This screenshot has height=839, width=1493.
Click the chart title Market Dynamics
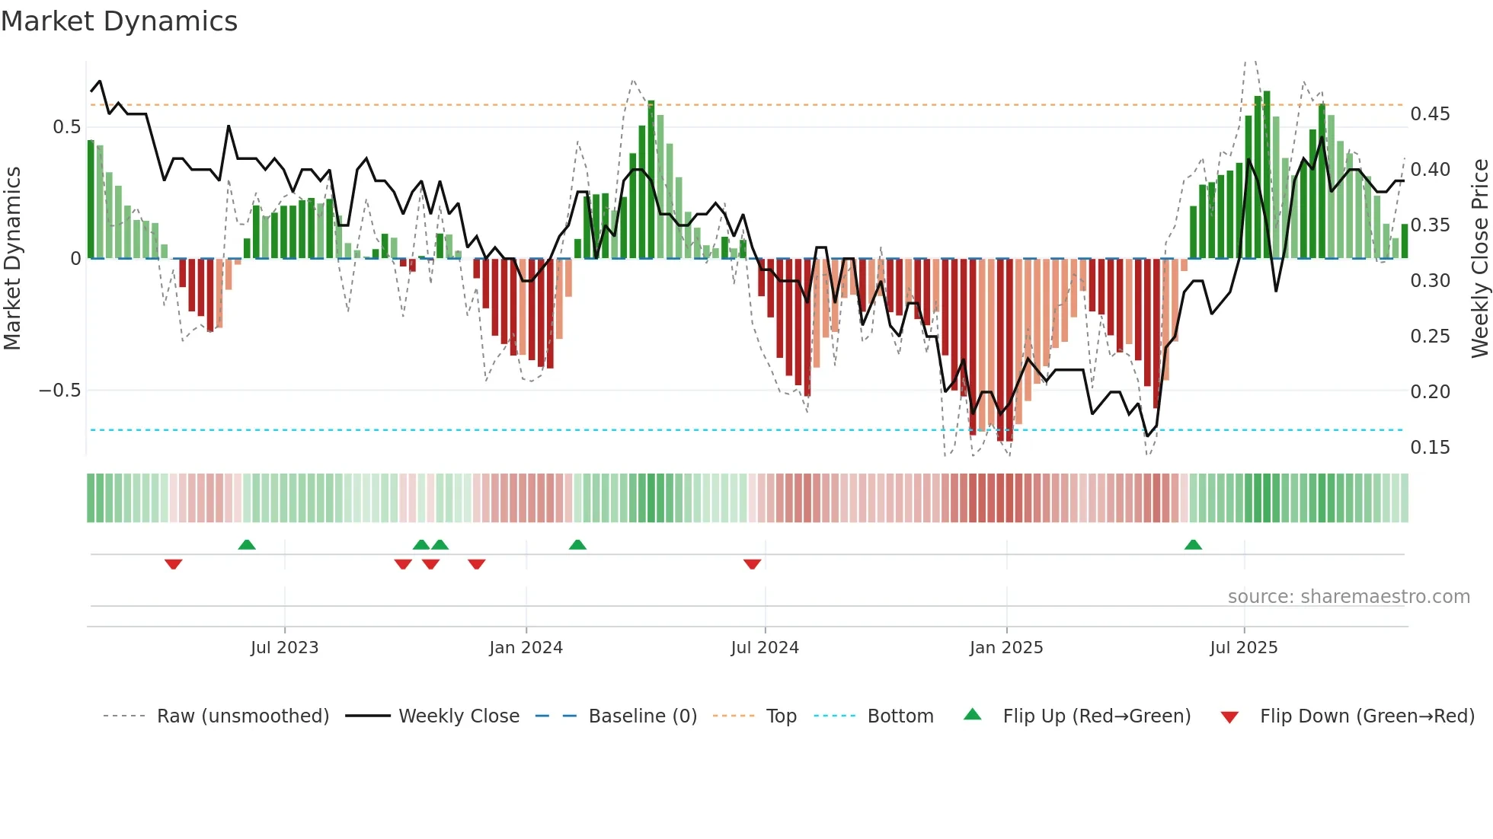120,21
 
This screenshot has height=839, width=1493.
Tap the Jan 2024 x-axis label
526,647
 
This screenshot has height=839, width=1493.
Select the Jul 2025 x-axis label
1243,647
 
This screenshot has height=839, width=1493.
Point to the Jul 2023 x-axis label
284,647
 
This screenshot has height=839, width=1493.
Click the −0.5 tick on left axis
59,391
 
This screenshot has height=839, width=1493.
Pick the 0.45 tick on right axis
1430,114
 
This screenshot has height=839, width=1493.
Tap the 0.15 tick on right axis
1430,448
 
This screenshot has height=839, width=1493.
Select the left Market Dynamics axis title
12,259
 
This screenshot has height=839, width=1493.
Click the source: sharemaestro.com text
1348,596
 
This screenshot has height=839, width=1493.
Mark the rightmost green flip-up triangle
1193,545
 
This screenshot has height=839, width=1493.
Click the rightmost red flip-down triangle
752,563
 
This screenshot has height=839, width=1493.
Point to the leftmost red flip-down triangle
173,563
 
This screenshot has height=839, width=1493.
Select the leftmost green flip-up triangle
246,545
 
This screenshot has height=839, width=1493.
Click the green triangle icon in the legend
973,715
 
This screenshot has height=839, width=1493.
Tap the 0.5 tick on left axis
66,127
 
